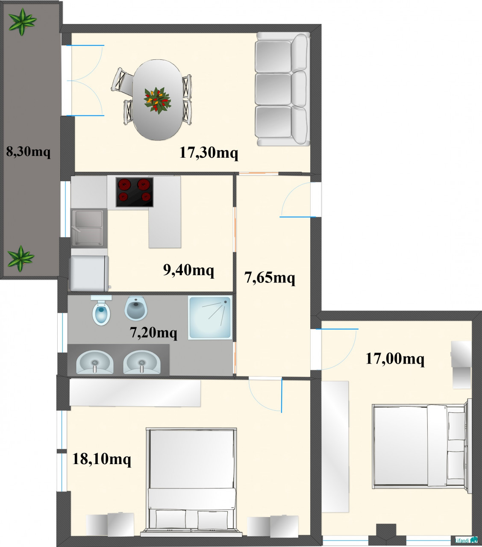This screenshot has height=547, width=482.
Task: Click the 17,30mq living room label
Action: click(x=209, y=153)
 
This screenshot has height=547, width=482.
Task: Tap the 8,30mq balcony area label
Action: click(x=28, y=152)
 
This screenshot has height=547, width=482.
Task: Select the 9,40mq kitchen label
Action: click(x=188, y=270)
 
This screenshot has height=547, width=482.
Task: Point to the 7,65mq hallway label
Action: click(x=270, y=277)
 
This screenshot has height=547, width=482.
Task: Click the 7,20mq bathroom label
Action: click(x=153, y=332)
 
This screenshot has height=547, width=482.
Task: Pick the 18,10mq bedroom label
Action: click(x=102, y=459)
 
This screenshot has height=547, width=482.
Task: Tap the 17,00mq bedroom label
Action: click(x=395, y=359)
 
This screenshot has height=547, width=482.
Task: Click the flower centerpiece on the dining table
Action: click(x=157, y=100)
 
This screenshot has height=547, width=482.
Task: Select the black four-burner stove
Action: click(x=135, y=192)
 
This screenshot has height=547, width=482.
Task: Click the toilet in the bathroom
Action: click(x=101, y=310)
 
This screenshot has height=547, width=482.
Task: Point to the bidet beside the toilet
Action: click(x=136, y=308)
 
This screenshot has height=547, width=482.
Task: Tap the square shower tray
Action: click(x=210, y=318)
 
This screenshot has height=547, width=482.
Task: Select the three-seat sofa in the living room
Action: click(x=283, y=89)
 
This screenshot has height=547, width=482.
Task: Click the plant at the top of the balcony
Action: click(x=22, y=22)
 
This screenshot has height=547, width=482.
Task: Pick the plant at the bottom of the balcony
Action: click(x=21, y=259)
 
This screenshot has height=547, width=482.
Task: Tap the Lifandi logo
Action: click(x=466, y=540)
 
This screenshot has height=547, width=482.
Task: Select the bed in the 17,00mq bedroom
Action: click(x=422, y=446)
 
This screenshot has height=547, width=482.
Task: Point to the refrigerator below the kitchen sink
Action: click(x=89, y=273)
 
